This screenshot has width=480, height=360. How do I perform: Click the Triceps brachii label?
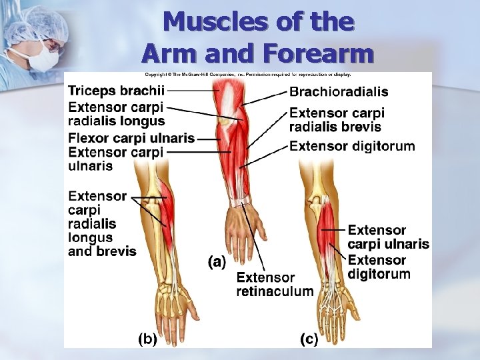coord(117,91)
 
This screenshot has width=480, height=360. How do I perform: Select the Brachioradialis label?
coord(339,92)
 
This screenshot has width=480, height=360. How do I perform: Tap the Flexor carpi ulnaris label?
coord(131,139)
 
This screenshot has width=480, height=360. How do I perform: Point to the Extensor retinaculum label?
coord(275,284)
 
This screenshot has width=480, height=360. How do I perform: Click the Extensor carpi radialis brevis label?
coord(337,120)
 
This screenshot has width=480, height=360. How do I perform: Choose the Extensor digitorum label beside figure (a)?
coord(352,146)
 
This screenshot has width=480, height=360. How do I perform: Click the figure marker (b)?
coord(147,339)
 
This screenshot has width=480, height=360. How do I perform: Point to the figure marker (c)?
coord(309,340)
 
